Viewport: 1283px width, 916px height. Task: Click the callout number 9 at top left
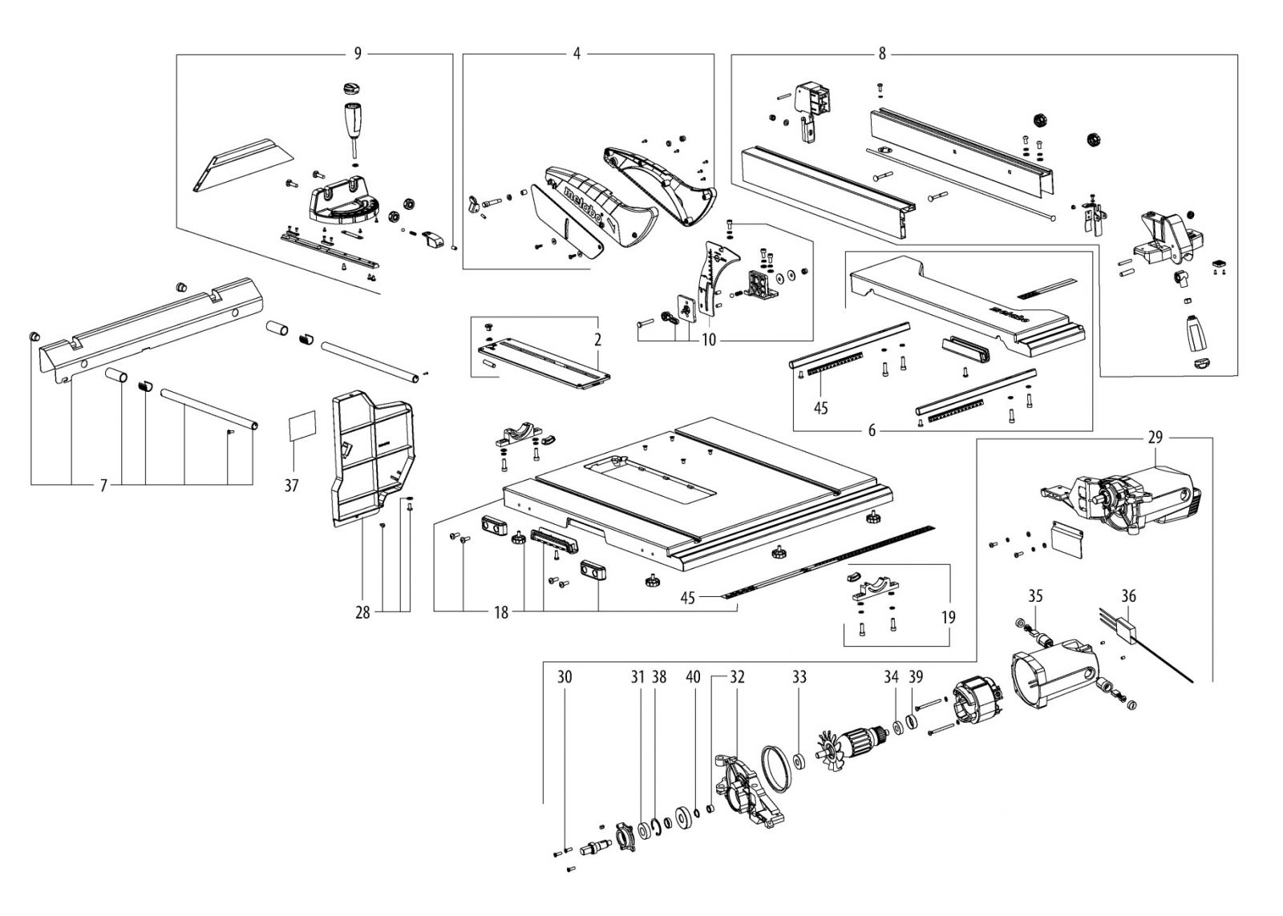point(358,54)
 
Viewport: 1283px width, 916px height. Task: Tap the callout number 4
point(577,54)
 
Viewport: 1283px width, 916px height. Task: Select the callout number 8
point(882,54)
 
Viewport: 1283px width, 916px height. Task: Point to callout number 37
point(292,486)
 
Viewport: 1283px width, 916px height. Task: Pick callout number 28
point(362,613)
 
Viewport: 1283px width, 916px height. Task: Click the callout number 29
point(1155,438)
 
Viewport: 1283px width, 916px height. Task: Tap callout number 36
point(1128,596)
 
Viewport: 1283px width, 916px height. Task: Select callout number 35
point(1035,596)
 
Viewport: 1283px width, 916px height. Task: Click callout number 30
point(565,677)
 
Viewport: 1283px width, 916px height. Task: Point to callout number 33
point(799,677)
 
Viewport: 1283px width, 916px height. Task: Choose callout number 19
point(949,618)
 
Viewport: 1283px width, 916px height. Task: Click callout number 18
point(501,613)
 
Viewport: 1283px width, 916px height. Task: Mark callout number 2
point(597,340)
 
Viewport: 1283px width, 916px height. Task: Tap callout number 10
point(708,340)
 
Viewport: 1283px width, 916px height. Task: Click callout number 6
point(872,430)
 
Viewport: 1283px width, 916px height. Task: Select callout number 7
point(103,486)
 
